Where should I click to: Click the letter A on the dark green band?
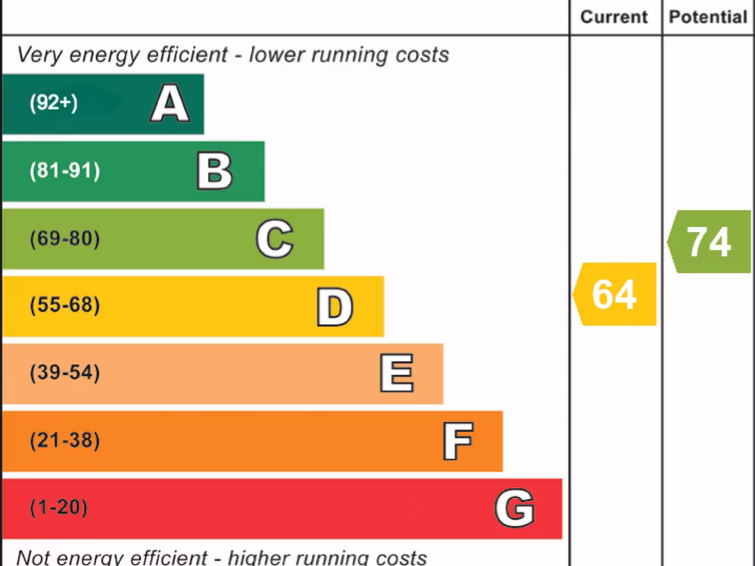coord(170,103)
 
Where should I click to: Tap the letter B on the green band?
coord(215,171)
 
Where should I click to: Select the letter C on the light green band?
coord(274,240)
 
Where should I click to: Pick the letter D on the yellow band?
coord(335,307)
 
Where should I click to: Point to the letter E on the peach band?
coord(397,374)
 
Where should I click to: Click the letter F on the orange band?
coord(457,441)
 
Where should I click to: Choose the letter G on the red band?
coord(514,509)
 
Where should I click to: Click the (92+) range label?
coord(53,103)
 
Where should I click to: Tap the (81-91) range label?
coord(65,171)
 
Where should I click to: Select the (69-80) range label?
coord(65,239)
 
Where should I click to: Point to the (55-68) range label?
coord(65,305)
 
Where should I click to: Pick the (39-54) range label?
coord(65,373)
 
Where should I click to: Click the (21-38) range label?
coord(65,441)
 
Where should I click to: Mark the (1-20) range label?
coord(58,508)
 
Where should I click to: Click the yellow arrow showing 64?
coord(615,294)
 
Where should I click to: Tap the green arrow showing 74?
coord(709,242)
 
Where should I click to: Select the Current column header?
coord(614,17)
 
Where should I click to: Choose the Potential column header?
coord(708,17)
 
